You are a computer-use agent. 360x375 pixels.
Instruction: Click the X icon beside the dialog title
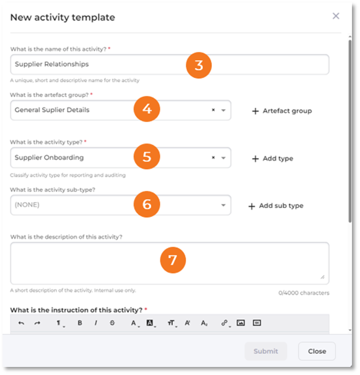(x=336, y=16)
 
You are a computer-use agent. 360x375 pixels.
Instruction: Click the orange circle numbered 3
(x=199, y=65)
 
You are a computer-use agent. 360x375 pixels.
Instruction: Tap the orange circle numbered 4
(x=147, y=109)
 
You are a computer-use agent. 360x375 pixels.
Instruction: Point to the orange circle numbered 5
(x=147, y=156)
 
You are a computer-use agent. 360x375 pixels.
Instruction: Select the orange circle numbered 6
(x=147, y=204)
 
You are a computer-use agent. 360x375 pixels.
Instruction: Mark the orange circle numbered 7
(x=173, y=260)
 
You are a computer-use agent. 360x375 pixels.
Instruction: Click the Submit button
(x=266, y=351)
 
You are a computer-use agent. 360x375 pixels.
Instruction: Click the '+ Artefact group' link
(x=282, y=111)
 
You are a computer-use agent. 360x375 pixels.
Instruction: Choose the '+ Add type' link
(x=273, y=159)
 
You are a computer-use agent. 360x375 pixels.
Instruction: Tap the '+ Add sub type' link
(x=276, y=206)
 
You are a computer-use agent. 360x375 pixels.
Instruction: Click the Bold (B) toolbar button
(x=80, y=323)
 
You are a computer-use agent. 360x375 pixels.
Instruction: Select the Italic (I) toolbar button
(x=96, y=323)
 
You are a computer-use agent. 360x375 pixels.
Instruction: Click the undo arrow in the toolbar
(x=21, y=323)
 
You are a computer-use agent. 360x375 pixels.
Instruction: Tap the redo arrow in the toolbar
(x=37, y=323)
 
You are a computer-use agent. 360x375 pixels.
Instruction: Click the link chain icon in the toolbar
(x=224, y=323)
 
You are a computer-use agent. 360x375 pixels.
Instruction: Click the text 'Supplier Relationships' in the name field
(x=51, y=64)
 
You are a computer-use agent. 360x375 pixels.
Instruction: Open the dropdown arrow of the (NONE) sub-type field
(x=223, y=205)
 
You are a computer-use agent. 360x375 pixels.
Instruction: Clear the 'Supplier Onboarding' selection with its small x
(x=213, y=157)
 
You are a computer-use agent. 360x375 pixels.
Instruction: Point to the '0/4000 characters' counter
(x=304, y=293)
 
